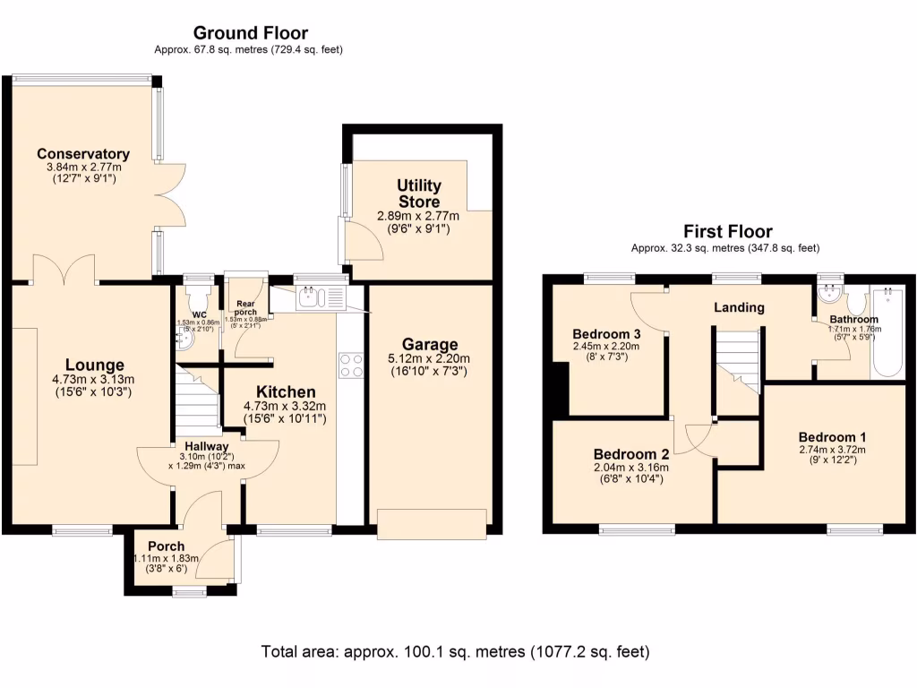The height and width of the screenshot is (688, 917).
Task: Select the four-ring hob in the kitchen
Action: pyautogui.click(x=350, y=365)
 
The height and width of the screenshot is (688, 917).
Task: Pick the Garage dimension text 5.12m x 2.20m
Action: pyautogui.click(x=430, y=360)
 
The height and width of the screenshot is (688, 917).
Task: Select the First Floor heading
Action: pyautogui.click(x=727, y=232)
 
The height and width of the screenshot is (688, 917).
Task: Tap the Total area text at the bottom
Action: pyautogui.click(x=455, y=651)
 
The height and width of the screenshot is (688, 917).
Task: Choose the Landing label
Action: pyautogui.click(x=739, y=307)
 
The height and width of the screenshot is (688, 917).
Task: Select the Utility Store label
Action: pyautogui.click(x=419, y=193)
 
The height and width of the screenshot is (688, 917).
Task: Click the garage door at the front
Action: pyautogui.click(x=432, y=524)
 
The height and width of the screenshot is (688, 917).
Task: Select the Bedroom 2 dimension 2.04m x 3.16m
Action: pyautogui.click(x=631, y=467)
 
